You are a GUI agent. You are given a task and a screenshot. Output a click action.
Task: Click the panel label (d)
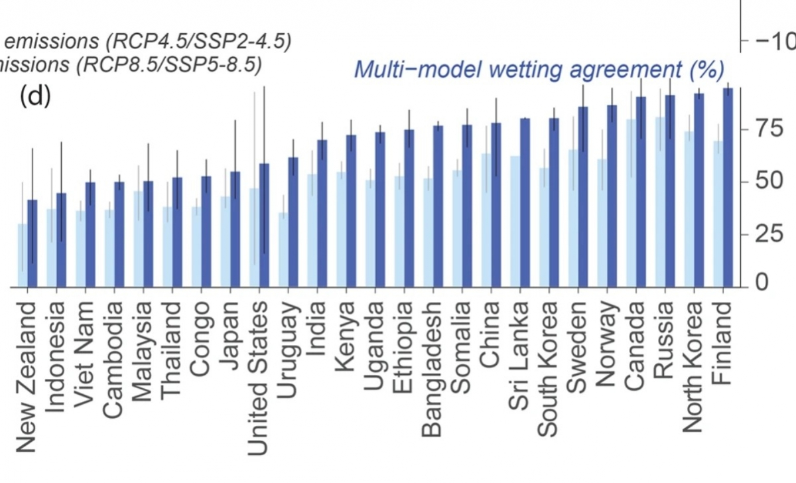click(35, 97)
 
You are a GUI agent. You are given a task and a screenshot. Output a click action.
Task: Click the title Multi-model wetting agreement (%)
click(539, 68)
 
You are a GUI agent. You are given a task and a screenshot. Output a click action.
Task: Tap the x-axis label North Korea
click(693, 367)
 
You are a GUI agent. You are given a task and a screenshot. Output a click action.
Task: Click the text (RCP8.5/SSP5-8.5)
click(168, 64)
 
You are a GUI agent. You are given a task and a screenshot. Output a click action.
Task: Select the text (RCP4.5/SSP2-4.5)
click(197, 41)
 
